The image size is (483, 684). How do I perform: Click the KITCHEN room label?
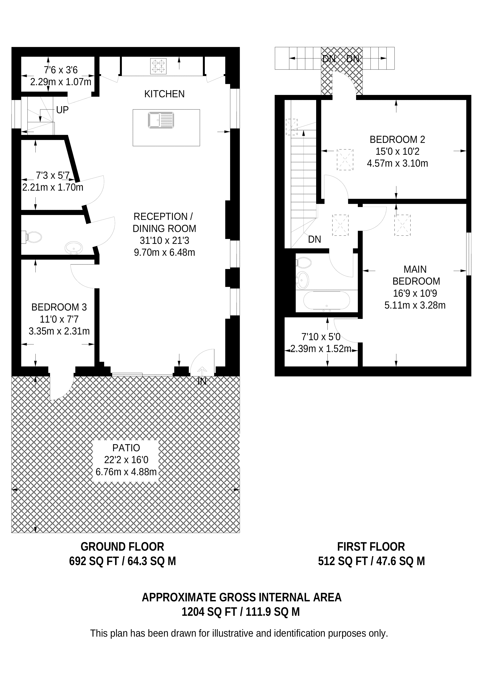pos(164,94)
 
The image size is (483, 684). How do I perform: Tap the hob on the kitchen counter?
pos(158,66)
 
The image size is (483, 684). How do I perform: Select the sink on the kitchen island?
pos(161,120)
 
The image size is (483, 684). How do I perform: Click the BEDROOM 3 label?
pos(59,307)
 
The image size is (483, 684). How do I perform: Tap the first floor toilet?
pos(304,263)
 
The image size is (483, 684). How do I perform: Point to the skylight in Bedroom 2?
pos(345,159)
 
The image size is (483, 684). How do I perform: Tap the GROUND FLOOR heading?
pos(122,547)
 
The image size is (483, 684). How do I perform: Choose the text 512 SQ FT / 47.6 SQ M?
pos(371,561)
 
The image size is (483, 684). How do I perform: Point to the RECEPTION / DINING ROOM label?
pos(164,222)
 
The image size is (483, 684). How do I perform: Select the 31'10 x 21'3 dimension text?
pos(164,240)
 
